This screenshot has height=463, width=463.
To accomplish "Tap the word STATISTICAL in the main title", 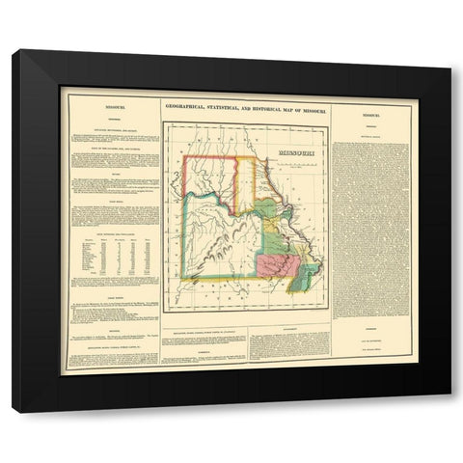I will click(221, 109).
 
